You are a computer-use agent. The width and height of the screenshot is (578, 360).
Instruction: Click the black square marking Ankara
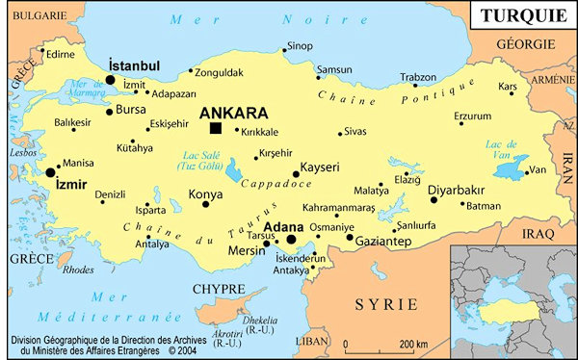215,128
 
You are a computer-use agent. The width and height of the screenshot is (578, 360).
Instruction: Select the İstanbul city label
135,64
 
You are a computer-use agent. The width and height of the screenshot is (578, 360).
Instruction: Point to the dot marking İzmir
50,171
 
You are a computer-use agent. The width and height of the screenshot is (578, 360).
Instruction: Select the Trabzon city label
418,77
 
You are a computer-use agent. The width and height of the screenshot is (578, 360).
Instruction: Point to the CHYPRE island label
218,288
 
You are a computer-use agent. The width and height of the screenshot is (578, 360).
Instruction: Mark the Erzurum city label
472,116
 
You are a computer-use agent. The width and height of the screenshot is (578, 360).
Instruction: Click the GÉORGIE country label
525,44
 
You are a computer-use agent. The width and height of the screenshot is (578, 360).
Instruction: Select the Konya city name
204,193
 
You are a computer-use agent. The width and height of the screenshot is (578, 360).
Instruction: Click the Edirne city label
59,54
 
